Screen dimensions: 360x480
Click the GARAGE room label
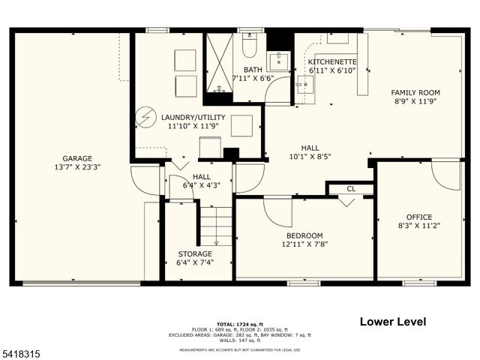click(77, 158)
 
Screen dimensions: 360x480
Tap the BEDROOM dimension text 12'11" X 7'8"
click(304, 243)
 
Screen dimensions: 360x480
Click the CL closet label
click(351, 189)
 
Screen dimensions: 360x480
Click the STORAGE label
click(193, 254)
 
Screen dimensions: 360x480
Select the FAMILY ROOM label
click(413, 92)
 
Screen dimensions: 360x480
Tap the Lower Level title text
click(393, 322)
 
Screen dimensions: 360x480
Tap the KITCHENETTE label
click(333, 61)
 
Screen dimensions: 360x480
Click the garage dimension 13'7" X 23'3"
click(77, 167)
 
